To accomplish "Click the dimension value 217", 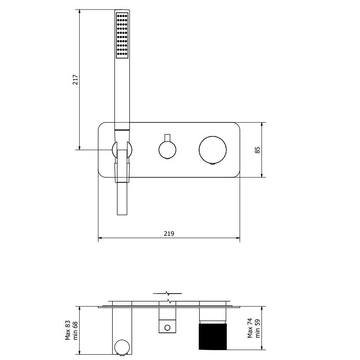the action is pyautogui.click(x=75, y=80).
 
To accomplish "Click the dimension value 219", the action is pyautogui.click(x=169, y=233).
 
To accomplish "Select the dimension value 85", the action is pyautogui.click(x=257, y=150).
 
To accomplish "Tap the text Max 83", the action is pyautogui.click(x=68, y=330).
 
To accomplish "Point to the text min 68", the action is pyautogui.click(x=75, y=331).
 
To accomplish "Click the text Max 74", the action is pyautogui.click(x=250, y=328).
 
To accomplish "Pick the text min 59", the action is pyautogui.click(x=258, y=329).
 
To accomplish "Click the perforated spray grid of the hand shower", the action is pyautogui.click(x=122, y=35).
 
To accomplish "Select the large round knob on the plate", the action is pyautogui.click(x=213, y=150).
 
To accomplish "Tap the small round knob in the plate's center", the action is pyautogui.click(x=167, y=150).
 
